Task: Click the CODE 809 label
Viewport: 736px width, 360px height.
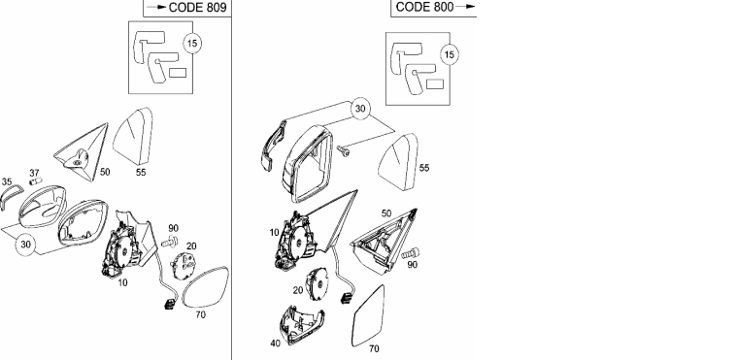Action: click(197, 7)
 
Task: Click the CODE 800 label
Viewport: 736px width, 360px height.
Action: click(424, 7)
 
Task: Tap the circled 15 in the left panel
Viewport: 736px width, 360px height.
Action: click(192, 44)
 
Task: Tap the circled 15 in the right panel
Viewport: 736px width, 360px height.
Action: click(450, 55)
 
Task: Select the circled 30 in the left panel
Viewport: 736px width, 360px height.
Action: click(25, 245)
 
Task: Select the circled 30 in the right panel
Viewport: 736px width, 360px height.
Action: click(360, 109)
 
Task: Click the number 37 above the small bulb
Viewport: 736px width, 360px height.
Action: click(34, 173)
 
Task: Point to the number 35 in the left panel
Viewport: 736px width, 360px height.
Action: click(7, 181)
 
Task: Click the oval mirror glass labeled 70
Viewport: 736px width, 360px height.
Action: click(205, 287)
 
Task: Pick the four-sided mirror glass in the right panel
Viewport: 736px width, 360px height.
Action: click(368, 316)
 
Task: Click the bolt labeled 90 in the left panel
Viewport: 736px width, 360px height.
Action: click(170, 243)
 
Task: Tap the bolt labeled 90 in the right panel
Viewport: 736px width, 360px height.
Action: click(411, 254)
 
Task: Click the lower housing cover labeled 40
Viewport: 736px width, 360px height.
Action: click(300, 325)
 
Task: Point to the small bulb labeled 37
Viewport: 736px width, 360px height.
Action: click(36, 181)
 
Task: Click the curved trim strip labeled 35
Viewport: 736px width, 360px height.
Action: click(11, 197)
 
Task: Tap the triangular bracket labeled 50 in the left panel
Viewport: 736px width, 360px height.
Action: click(84, 151)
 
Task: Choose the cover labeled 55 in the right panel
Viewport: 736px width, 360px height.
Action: click(398, 162)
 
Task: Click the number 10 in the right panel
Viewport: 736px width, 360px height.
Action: click(275, 232)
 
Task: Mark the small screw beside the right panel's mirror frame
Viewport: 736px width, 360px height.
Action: click(343, 150)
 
